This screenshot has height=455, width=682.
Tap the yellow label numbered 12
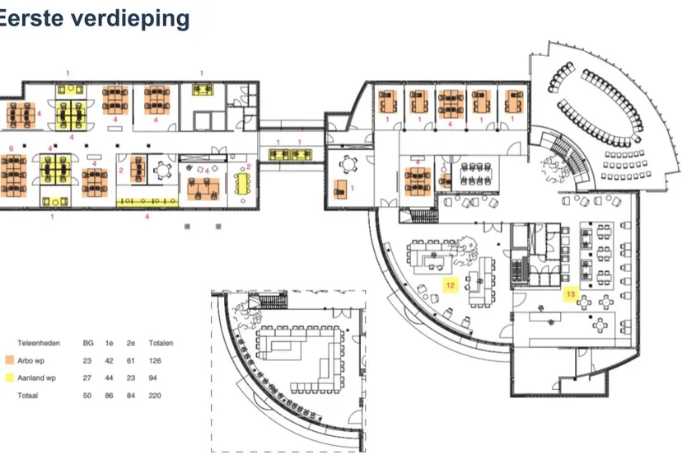coord(450,286)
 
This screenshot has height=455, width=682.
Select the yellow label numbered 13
coord(570,293)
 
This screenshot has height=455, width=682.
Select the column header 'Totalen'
coord(161,343)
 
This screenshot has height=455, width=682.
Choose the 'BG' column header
coord(87,343)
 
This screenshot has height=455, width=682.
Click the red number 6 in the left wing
coord(11,148)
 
